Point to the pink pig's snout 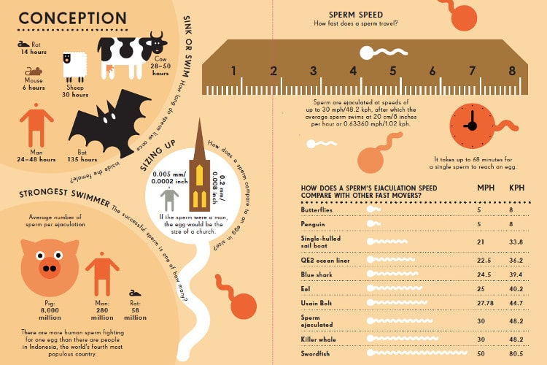click(49, 269)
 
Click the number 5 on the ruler click(392, 71)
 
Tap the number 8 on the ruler click(511, 71)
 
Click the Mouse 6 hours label click(33, 83)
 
